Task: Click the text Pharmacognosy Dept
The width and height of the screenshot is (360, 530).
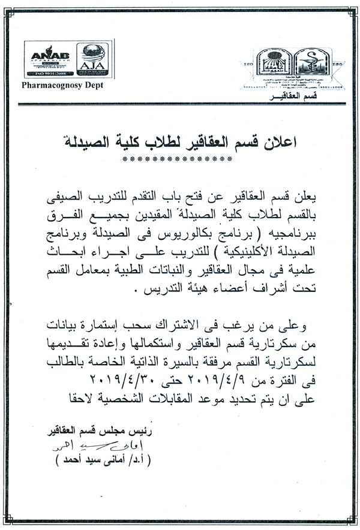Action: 62,85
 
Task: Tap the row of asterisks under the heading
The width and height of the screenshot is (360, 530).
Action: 176,159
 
